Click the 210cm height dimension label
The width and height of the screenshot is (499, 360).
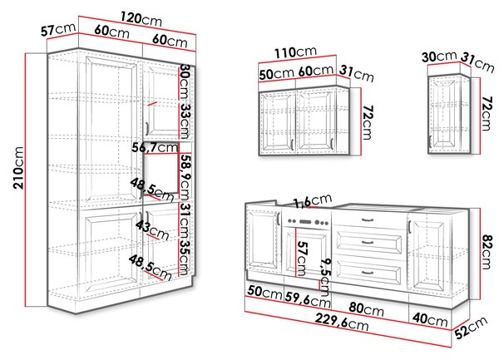[18, 168]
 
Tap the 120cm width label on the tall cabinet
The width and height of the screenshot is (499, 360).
[141, 19]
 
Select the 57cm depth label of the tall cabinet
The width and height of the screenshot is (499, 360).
[58, 30]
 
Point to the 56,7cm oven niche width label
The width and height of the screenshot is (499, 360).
[155, 147]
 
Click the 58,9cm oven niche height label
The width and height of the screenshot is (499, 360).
[185, 176]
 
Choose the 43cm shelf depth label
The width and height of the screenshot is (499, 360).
[152, 230]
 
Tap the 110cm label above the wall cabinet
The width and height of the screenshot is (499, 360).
[296, 52]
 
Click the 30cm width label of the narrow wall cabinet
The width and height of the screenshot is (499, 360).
[439, 57]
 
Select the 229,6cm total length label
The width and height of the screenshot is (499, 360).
[342, 321]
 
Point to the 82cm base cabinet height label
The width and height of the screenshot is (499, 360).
[487, 252]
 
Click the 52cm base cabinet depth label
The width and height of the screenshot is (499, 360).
[471, 328]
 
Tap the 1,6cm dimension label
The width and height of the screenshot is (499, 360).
[312, 201]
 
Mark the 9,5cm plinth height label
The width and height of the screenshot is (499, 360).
[325, 277]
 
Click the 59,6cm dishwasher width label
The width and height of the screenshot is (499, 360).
[308, 299]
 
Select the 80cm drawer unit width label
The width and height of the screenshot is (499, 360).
[366, 308]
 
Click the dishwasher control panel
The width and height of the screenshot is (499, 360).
[308, 222]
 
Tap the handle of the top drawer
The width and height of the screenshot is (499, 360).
[368, 219]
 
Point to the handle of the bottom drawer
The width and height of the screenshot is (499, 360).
[368, 272]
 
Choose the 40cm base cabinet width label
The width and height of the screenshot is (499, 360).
[430, 318]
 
